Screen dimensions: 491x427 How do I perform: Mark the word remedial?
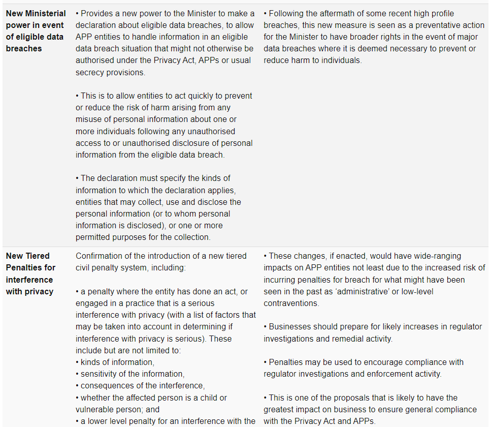pos(346,338)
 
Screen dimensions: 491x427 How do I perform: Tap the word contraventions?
pos(291,303)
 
